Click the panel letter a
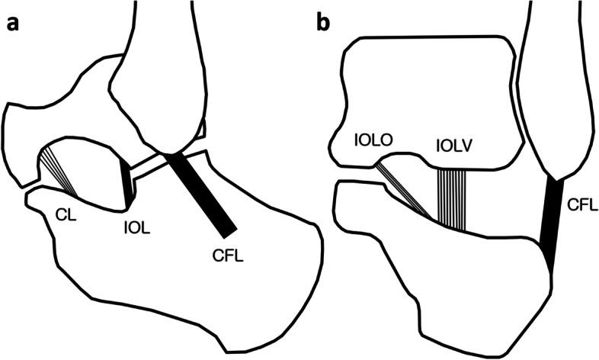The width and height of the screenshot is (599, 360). coord(13,23)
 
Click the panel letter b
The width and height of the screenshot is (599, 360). coord(324,23)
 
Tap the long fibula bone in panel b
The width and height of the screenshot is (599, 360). coord(556,84)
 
